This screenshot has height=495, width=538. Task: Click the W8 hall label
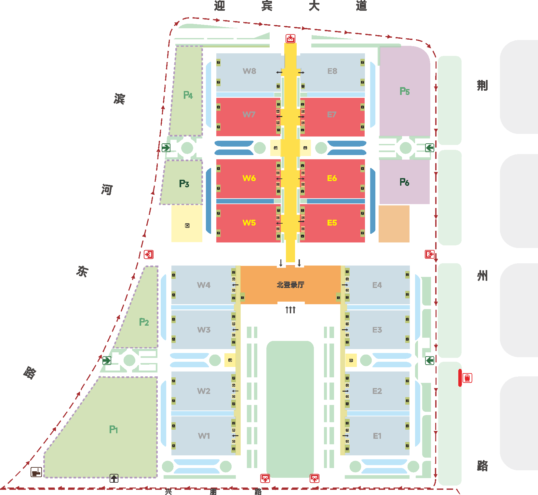tap(249, 71)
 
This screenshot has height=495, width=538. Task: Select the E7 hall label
tap(332, 115)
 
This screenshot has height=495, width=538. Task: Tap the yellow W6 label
tap(249, 178)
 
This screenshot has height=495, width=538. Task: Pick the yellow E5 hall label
tap(332, 223)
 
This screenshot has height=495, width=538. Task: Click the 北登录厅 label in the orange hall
tap(290, 285)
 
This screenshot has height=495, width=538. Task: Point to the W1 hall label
tap(204, 436)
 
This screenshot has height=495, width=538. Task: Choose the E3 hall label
tap(377, 330)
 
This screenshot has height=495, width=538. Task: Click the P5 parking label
tap(405, 91)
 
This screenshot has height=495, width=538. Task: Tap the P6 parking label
tap(404, 182)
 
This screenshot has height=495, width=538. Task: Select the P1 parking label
tap(114, 430)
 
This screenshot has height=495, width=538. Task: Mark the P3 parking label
tap(184, 184)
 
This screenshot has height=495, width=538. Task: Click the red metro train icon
tap(467, 378)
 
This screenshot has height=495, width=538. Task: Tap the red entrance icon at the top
tap(290, 39)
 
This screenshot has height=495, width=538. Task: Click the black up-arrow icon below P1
tap(114, 478)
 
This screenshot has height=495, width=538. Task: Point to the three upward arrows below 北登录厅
tap(290, 310)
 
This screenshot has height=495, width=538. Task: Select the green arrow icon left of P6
tap(430, 148)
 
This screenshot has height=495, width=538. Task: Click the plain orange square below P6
tap(394, 224)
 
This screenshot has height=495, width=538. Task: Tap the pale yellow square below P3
tap(187, 224)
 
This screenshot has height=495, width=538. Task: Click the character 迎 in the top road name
tap(220, 6)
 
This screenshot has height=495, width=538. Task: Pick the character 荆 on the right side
tap(482, 85)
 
